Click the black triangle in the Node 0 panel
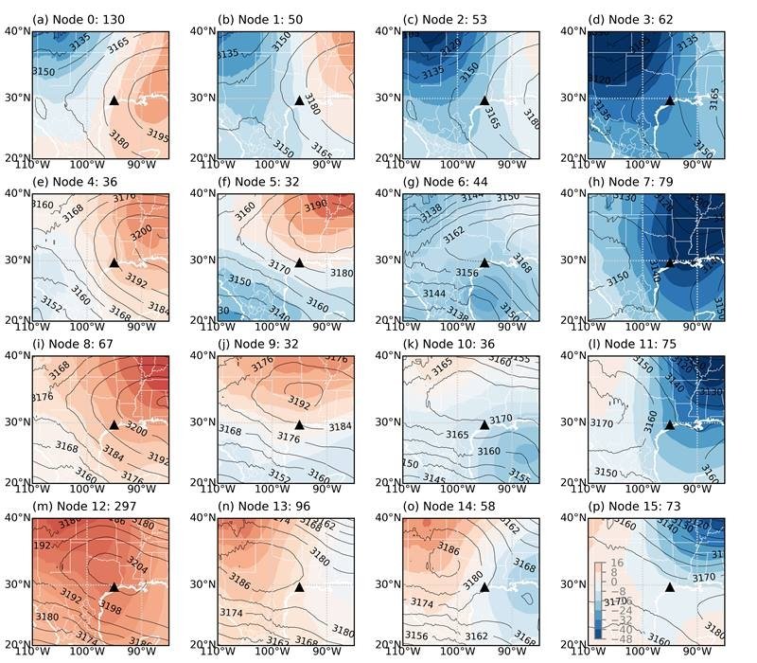pyautogui.click(x=114, y=100)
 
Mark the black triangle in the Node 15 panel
pyautogui.click(x=670, y=587)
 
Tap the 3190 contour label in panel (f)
pyautogui.click(x=315, y=206)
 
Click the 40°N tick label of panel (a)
pyautogui.click(x=17, y=31)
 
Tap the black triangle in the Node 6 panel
pyautogui.click(x=484, y=263)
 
